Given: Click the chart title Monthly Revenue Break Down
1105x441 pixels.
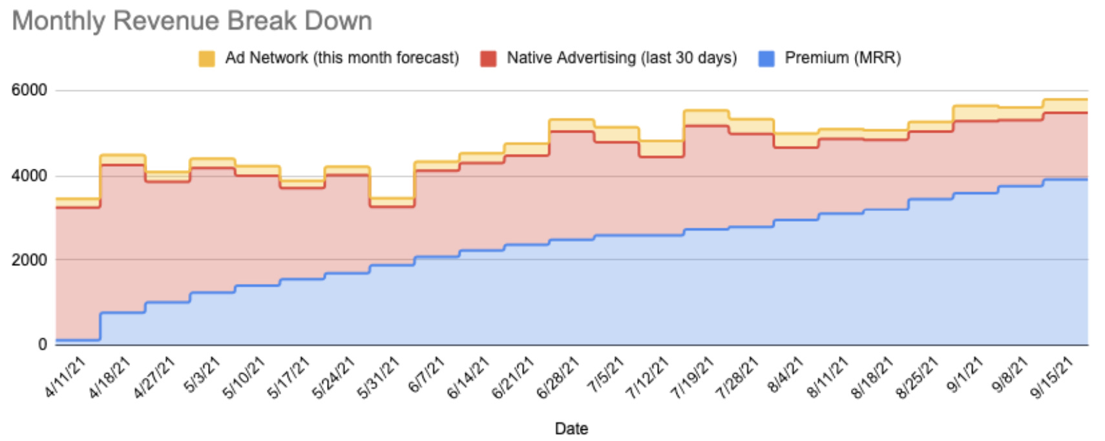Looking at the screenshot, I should (192, 21).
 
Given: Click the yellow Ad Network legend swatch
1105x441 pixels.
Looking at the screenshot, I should (207, 59).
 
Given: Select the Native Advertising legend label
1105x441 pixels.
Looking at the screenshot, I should (621, 58).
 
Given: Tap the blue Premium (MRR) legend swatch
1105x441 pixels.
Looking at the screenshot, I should (766, 59).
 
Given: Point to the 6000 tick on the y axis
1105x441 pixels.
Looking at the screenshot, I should (29, 91).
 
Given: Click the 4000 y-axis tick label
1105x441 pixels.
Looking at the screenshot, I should (29, 176).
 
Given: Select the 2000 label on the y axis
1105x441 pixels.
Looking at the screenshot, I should (29, 260).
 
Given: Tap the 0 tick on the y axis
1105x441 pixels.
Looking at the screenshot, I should (42, 345).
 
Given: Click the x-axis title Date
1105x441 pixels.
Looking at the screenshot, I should (571, 429).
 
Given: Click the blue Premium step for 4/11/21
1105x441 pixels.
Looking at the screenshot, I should (78, 339).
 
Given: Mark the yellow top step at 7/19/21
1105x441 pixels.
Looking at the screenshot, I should (706, 111).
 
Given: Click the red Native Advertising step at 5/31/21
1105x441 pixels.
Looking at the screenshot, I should (392, 206).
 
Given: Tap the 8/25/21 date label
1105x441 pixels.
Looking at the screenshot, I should (917, 378).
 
